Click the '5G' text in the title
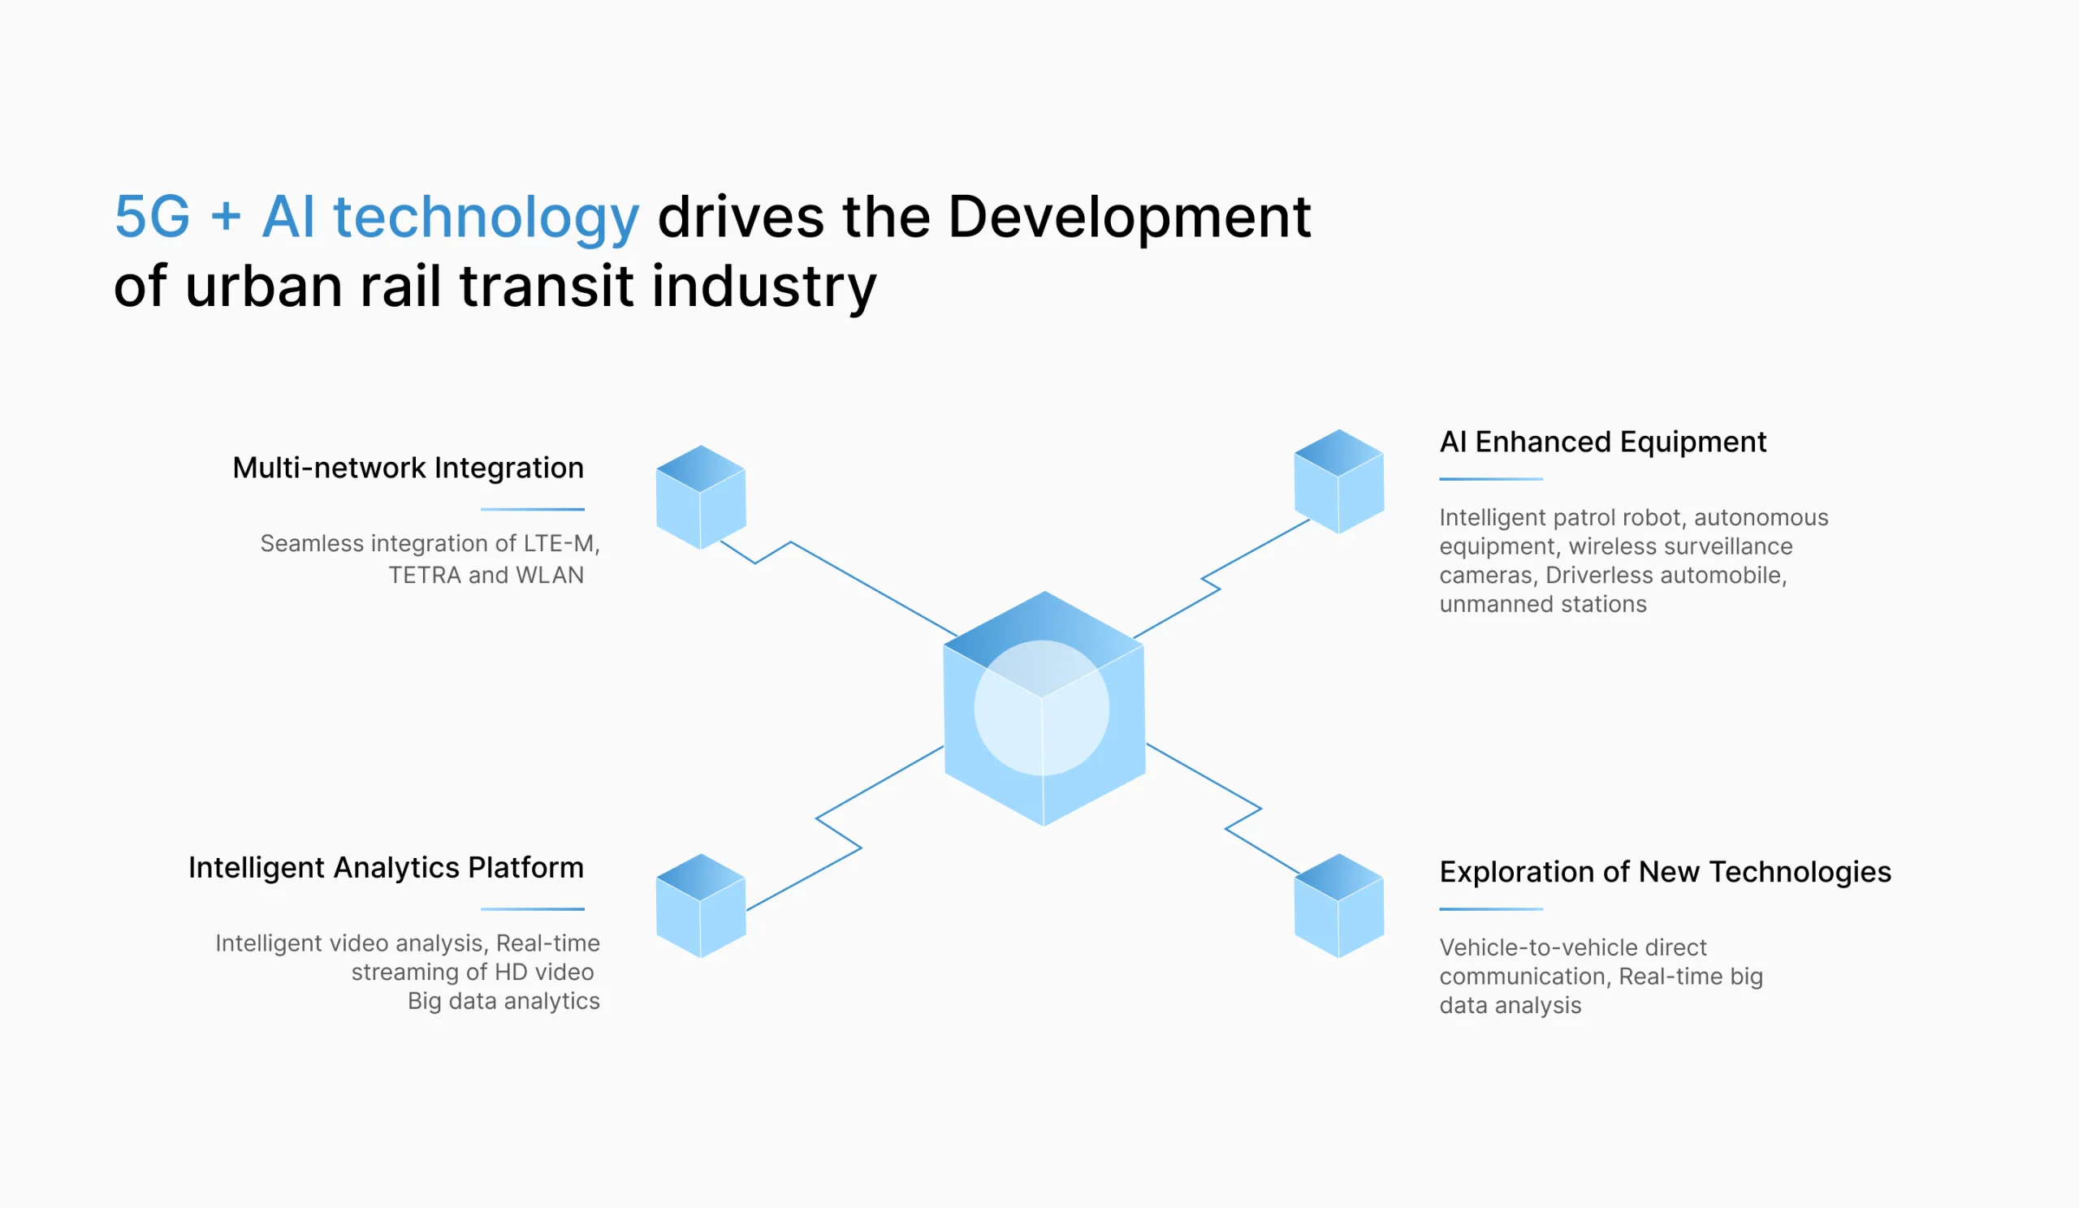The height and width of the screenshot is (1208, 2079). [153, 217]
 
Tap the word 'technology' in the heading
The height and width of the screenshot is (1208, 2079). [486, 219]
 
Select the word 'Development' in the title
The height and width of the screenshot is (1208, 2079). [1130, 219]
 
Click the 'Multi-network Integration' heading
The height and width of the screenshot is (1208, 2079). [408, 468]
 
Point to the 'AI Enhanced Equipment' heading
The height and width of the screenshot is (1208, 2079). [1603, 442]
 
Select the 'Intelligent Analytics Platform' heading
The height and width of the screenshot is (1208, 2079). [386, 869]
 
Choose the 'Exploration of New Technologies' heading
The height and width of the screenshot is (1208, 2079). [1665, 873]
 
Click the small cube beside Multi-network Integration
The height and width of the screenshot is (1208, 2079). [701, 497]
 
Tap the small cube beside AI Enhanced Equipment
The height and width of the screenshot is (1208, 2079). [1339, 481]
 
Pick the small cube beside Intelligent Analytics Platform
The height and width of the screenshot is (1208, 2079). [701, 905]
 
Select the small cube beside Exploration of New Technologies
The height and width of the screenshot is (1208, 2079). [1339, 905]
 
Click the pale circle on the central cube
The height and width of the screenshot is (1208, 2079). [1042, 708]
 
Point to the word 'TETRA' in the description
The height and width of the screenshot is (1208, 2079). [425, 576]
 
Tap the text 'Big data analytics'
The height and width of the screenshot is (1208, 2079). [504, 1001]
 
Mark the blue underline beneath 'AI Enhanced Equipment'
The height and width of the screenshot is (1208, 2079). [1491, 479]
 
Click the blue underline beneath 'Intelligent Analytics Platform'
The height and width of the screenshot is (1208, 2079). [533, 909]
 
